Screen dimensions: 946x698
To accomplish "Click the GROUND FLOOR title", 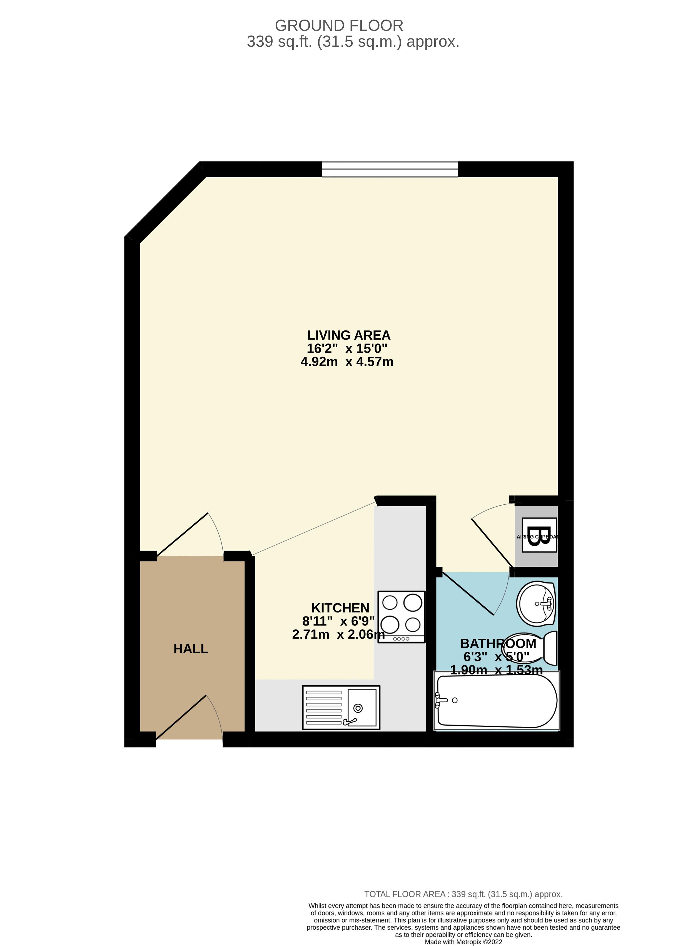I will coord(339,26).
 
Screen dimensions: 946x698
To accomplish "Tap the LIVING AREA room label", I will coord(348,335).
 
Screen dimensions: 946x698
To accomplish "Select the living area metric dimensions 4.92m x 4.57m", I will coord(347,362).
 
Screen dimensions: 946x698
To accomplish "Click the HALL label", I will coord(191,649).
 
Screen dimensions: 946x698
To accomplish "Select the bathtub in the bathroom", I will coord(497,701).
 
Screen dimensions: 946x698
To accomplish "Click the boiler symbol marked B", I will coord(539,535).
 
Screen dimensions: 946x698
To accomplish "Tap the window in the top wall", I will coord(390,170).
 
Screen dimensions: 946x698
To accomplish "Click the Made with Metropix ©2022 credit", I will coord(463,942).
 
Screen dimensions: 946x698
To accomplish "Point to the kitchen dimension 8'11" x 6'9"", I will coord(338,621).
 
